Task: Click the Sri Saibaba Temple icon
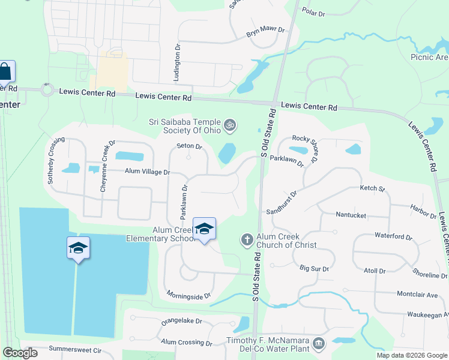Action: tap(229, 126)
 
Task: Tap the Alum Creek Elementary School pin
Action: tap(204, 229)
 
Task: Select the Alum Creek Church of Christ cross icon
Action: tap(246, 240)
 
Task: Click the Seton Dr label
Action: tap(190, 146)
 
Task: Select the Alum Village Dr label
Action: tap(147, 172)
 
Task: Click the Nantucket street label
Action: tap(351, 214)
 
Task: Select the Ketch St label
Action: tap(372, 188)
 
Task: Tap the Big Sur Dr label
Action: tap(314, 269)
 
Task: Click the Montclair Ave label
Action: tap(418, 295)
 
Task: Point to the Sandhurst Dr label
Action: tap(283, 202)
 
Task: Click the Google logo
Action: tap(20, 353)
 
